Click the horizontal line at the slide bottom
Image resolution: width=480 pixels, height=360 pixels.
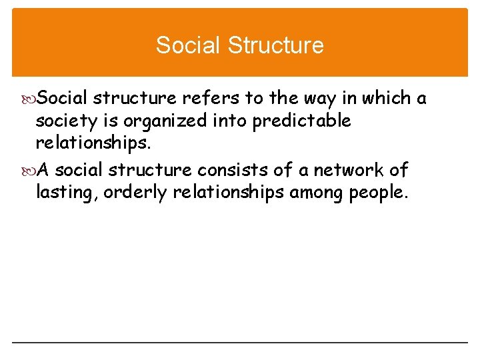240,343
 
